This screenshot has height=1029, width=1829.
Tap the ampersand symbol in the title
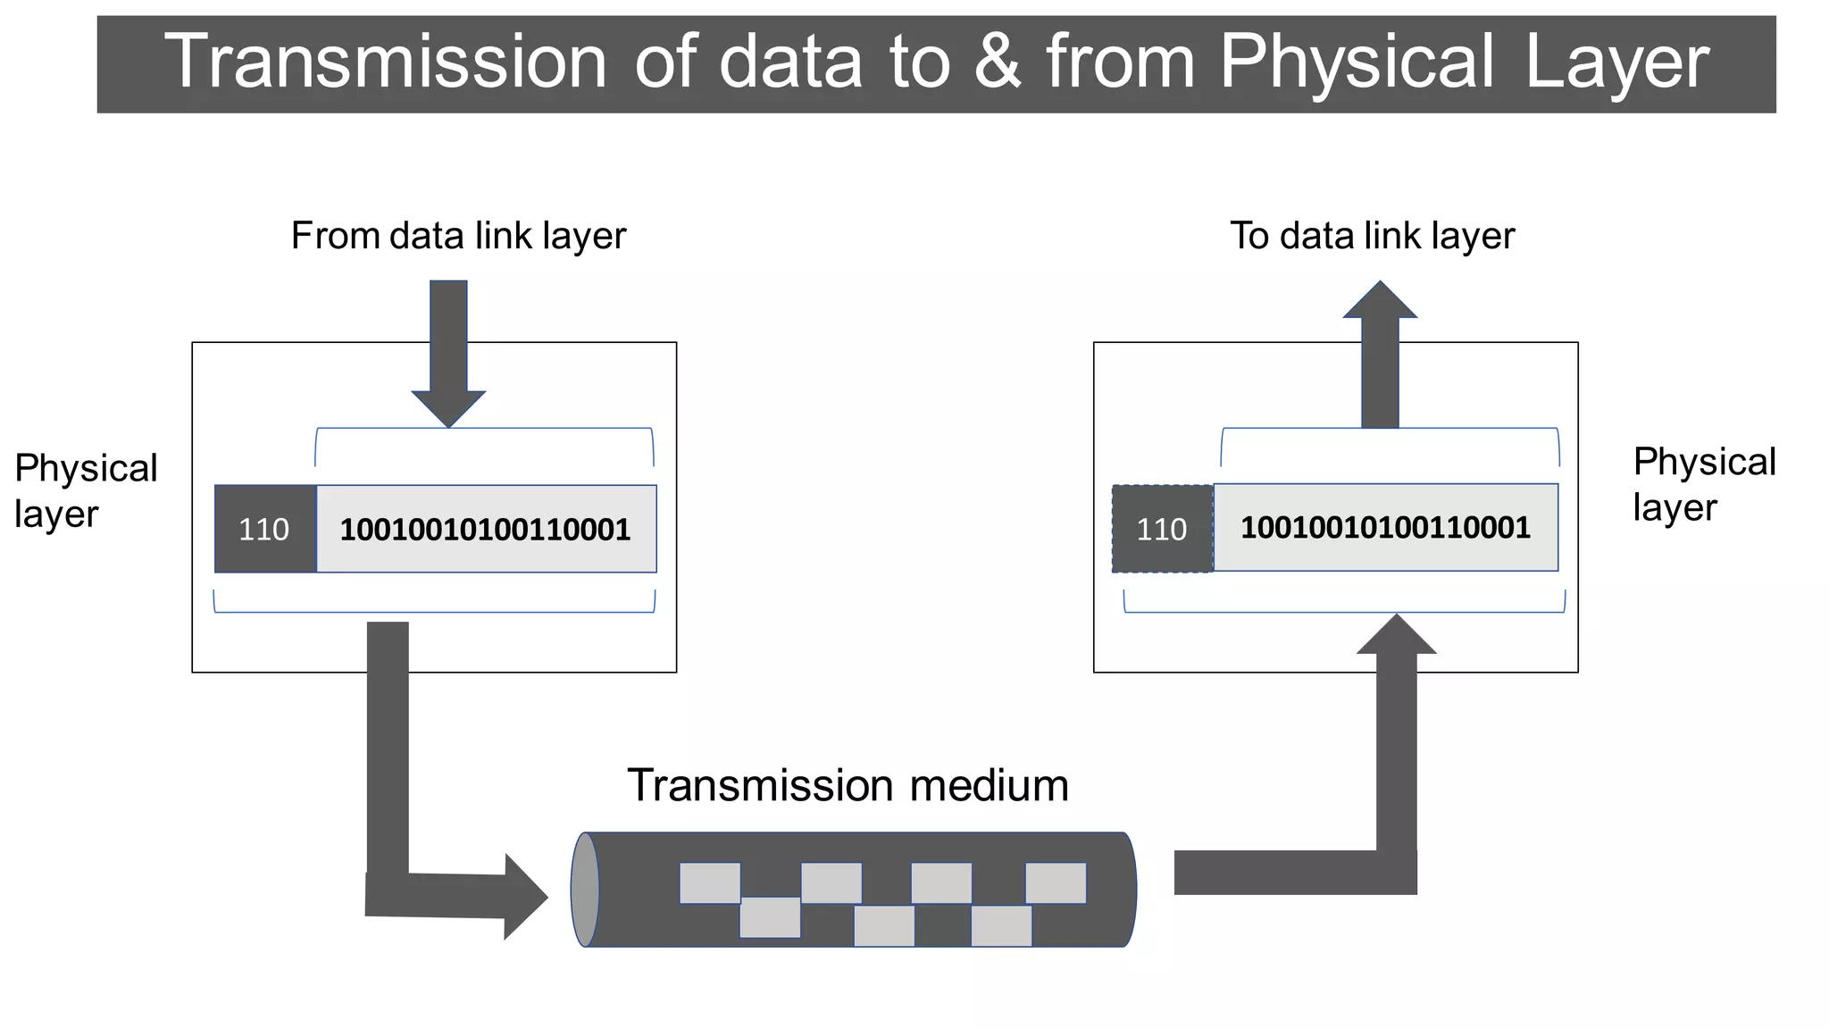coord(998,63)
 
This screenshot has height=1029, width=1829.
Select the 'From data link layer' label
coord(458,236)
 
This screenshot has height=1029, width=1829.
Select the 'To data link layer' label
coord(1372,236)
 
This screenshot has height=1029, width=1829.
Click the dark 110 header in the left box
coord(265,529)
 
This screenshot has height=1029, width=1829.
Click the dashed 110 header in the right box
coord(1162,529)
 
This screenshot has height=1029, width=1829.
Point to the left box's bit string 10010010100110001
coord(486,529)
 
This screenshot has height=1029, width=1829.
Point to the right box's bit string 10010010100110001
coord(1385,527)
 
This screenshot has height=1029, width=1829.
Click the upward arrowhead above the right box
coord(1380,302)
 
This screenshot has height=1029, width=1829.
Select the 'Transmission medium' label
coord(848,785)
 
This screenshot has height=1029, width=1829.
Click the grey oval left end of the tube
coord(585,890)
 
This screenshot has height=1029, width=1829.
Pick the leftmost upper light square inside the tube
coord(710,883)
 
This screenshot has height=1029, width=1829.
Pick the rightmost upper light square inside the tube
coord(1056,883)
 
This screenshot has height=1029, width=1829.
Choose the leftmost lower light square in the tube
coord(770,917)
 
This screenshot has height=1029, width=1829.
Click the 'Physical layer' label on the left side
coord(86,490)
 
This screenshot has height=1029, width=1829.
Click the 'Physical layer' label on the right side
coord(1704,484)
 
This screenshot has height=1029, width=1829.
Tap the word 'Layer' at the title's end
coord(1616,63)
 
